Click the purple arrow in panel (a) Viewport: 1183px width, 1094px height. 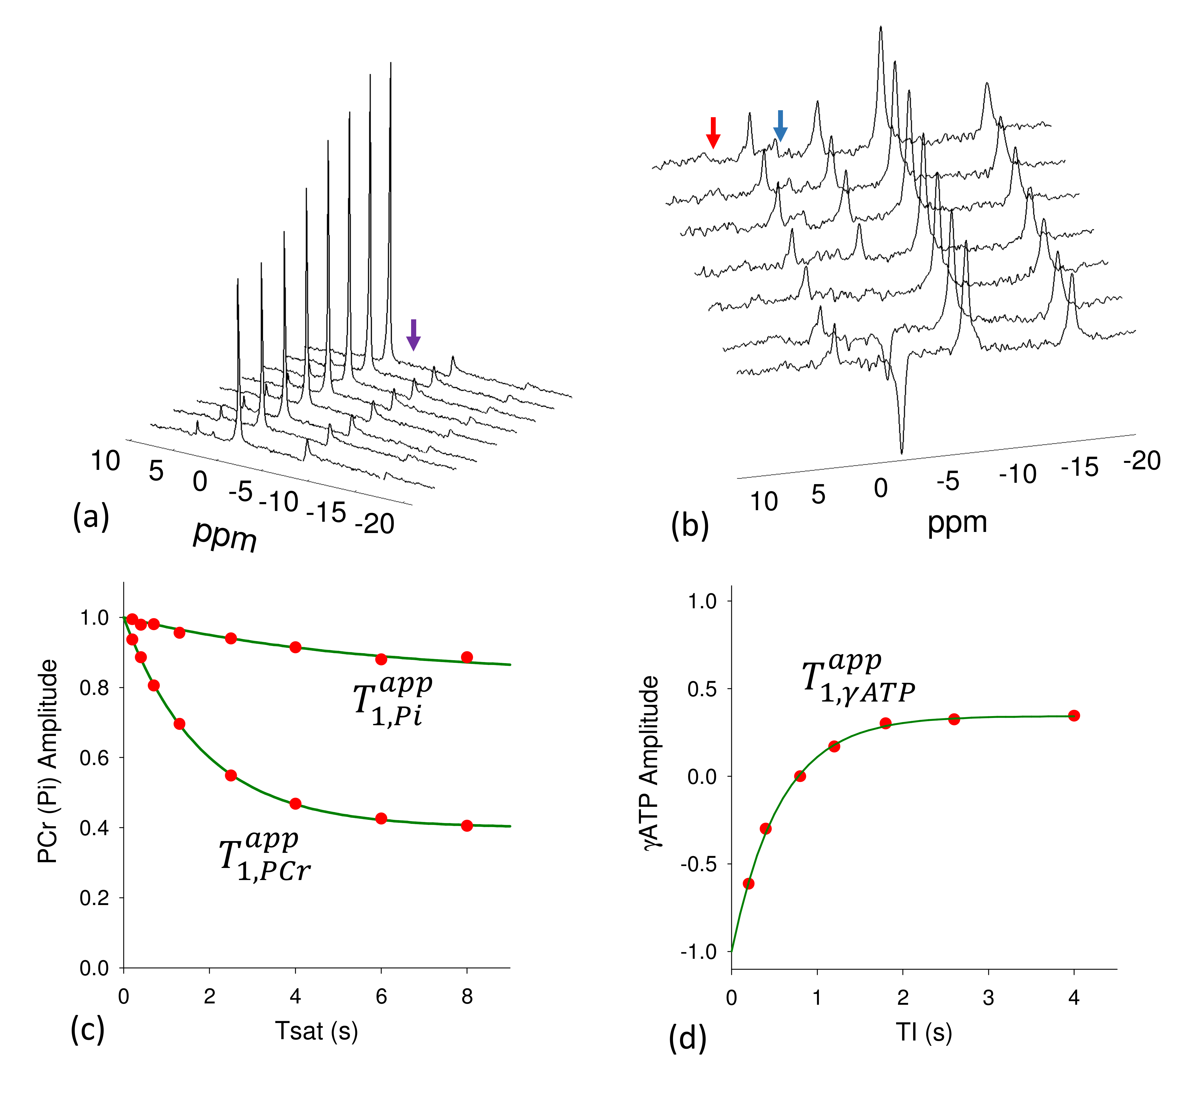(x=413, y=334)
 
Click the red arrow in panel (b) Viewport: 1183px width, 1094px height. (x=714, y=133)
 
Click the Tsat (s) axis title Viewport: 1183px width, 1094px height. (x=316, y=1031)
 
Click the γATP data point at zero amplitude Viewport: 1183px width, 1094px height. (x=800, y=776)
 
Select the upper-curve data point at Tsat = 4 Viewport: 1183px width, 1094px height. (x=295, y=647)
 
